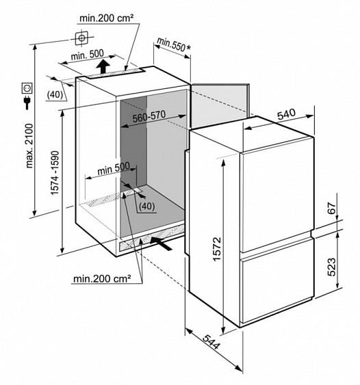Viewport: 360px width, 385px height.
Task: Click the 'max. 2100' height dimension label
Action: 29,146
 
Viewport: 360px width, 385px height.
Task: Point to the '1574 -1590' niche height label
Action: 55,173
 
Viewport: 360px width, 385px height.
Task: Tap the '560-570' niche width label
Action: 149,116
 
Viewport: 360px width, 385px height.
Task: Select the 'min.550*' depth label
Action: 174,44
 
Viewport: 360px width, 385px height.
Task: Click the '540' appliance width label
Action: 286,114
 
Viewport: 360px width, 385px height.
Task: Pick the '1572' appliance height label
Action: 217,249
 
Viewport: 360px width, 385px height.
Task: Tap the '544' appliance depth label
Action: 211,342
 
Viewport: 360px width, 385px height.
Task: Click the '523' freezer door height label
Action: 332,267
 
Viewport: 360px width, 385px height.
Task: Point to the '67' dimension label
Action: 332,209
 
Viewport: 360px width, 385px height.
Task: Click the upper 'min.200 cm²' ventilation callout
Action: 106,18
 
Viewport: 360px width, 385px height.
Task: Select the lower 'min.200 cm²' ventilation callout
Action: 102,279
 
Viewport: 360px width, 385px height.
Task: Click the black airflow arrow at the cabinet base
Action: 161,243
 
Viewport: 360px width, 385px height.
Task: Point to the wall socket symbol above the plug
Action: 27,88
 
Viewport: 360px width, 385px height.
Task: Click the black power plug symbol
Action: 27,103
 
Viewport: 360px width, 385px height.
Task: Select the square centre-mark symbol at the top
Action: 81,38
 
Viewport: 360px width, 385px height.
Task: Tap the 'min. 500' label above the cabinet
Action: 87,55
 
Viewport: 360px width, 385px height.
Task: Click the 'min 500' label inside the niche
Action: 114,168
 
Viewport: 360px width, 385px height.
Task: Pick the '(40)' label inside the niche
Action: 147,207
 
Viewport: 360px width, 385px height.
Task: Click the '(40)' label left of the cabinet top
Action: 55,95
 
